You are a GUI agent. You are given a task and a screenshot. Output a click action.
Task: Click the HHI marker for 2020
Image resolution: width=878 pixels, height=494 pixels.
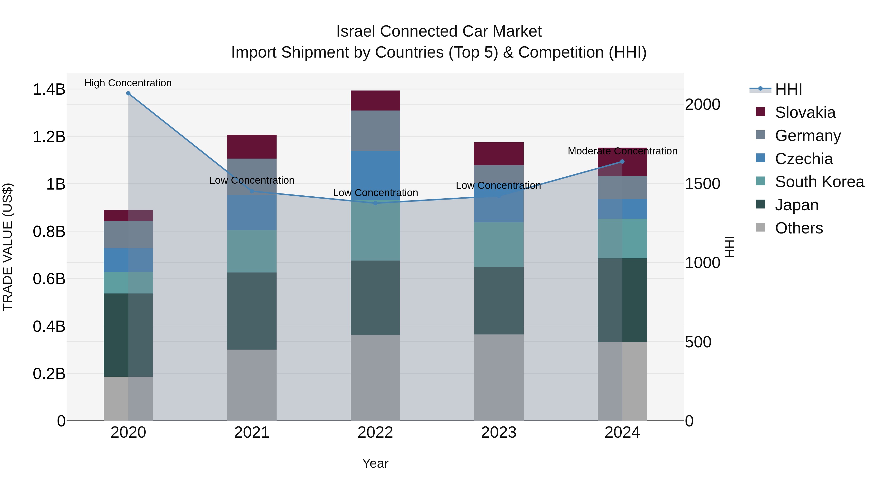click(x=128, y=93)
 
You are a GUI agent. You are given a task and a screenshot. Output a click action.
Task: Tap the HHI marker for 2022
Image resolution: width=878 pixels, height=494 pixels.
click(x=375, y=203)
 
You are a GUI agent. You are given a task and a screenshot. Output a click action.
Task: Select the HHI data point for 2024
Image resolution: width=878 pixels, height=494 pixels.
click(x=622, y=161)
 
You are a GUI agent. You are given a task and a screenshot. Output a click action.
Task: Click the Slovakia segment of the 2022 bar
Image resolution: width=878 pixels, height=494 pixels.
click(x=375, y=101)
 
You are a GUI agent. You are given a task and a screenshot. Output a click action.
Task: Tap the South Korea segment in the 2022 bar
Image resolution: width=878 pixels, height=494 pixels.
click(x=375, y=232)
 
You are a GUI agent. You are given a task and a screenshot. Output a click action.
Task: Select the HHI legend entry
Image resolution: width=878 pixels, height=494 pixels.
click(x=788, y=89)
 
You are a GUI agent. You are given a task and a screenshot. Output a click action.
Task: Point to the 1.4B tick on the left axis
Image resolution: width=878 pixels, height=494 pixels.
click(x=49, y=89)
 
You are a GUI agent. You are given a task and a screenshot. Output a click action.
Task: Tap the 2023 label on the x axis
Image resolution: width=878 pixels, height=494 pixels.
click(x=499, y=433)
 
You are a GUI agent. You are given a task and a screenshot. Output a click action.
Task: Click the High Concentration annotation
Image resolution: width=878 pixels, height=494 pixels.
click(x=128, y=83)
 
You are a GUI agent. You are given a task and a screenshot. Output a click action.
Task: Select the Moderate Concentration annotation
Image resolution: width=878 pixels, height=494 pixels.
click(x=622, y=151)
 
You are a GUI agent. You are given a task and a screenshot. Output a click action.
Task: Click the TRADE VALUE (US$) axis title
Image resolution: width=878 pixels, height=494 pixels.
click(x=8, y=247)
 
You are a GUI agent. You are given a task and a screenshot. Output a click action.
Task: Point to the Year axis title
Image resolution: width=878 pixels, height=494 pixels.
click(x=375, y=463)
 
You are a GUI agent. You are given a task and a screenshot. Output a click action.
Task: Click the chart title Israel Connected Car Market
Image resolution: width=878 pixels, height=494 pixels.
click(x=439, y=31)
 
